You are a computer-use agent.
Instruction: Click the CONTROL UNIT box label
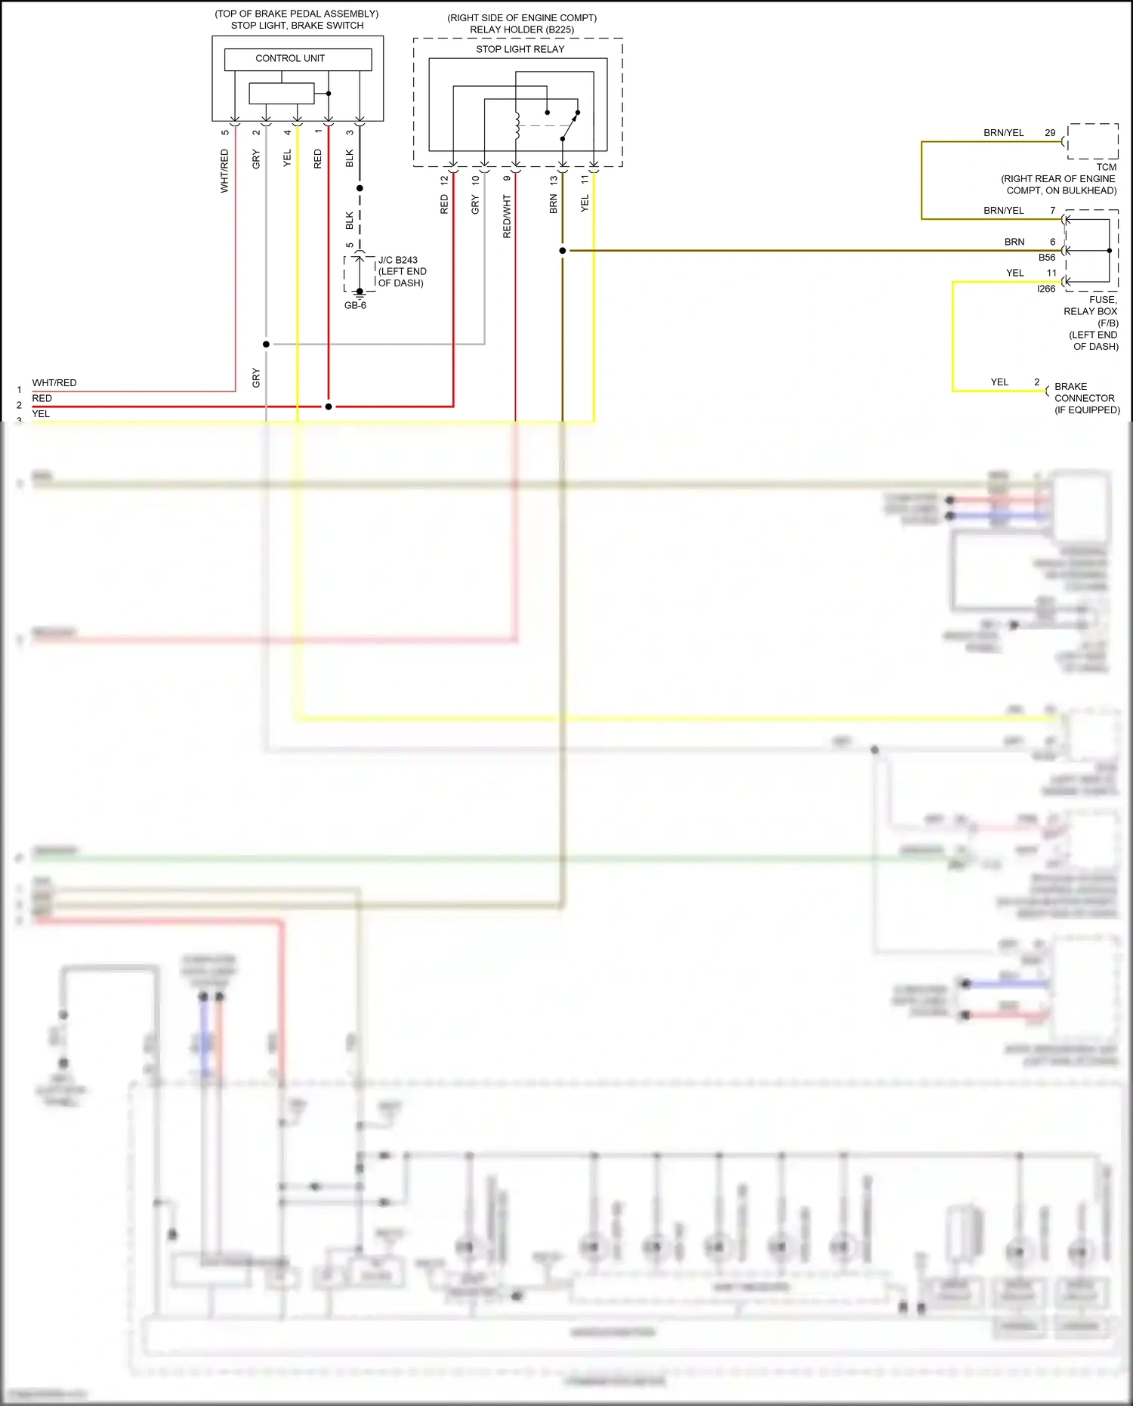290,58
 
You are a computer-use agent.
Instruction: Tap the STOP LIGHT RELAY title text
520,49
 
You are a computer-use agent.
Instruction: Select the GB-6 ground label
355,305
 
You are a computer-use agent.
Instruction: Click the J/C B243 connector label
398,260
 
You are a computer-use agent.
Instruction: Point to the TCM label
1106,167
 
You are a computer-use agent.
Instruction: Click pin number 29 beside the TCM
1050,133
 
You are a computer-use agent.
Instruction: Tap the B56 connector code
1046,258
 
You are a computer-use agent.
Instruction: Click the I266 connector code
1046,289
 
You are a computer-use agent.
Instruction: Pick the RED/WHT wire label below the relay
507,217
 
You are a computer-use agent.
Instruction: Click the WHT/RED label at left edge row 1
54,383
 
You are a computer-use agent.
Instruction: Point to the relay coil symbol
517,126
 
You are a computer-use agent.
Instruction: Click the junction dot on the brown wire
563,251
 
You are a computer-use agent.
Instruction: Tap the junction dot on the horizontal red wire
329,406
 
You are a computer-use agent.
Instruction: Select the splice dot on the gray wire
266,345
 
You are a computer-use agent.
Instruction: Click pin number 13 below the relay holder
554,181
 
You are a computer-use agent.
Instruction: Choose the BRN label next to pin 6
1014,242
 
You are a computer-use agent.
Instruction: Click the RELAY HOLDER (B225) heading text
522,29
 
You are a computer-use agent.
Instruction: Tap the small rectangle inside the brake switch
281,94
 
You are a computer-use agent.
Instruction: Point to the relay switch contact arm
570,127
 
